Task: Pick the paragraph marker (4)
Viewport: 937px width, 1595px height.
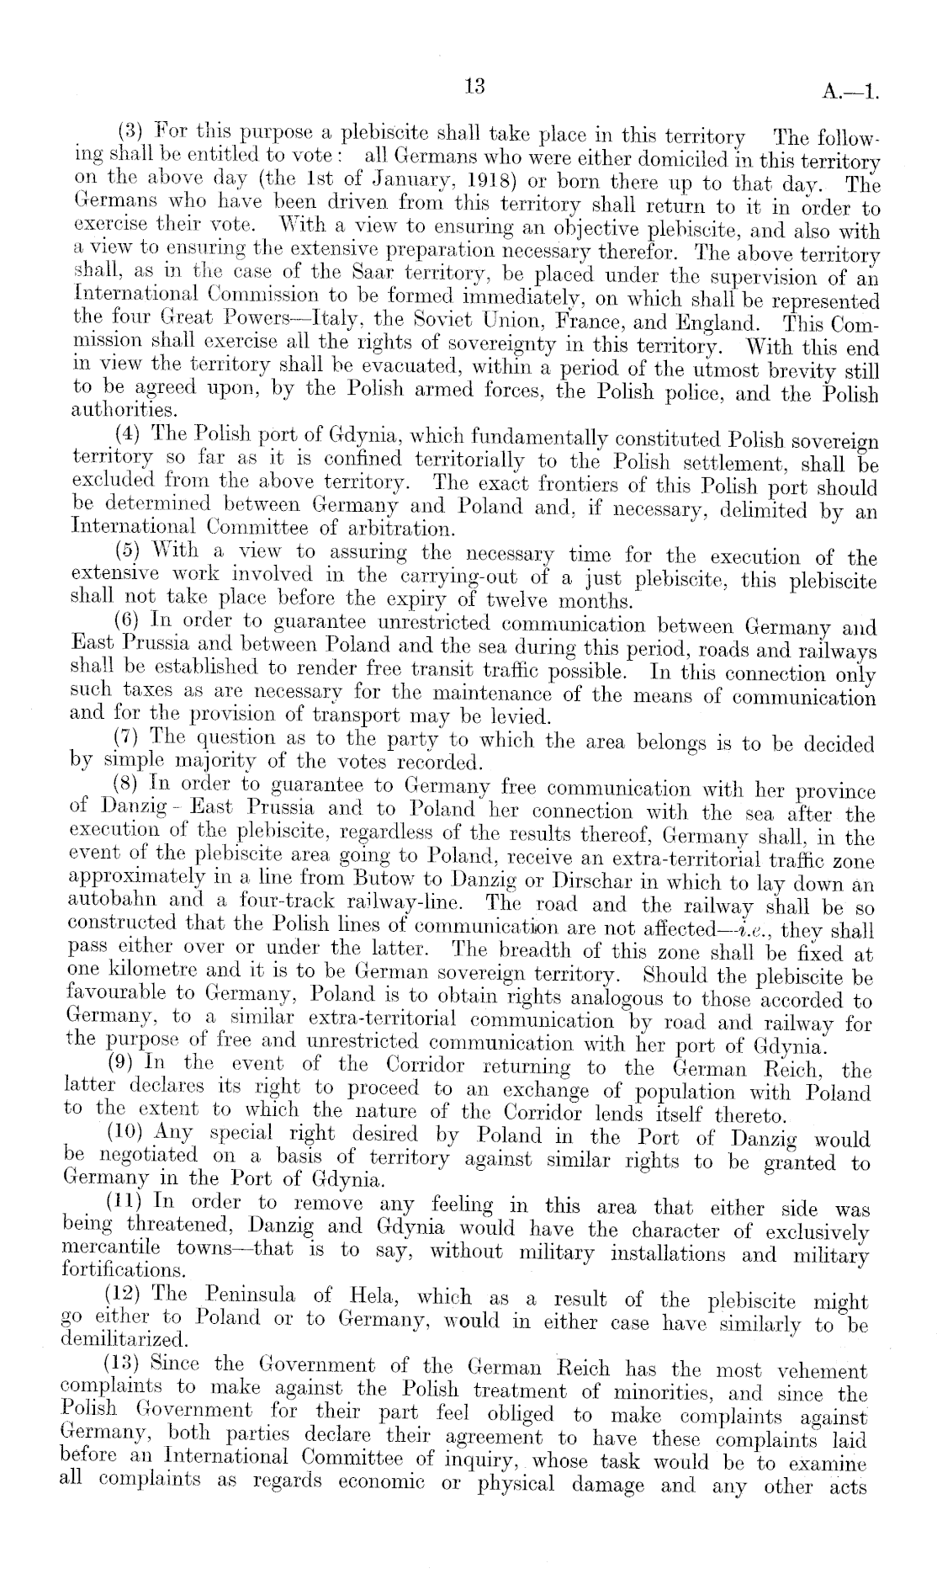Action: pos(128,436)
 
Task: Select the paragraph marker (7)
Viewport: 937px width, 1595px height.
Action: pos(127,741)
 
